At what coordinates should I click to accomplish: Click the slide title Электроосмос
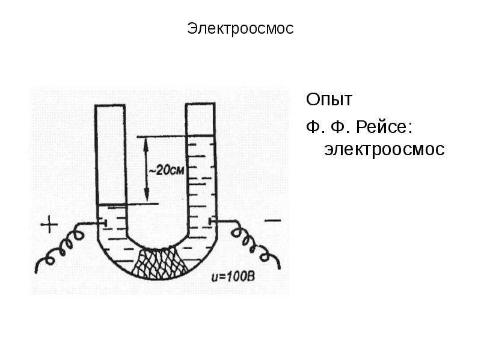click(240, 28)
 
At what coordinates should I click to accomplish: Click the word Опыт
click(329, 99)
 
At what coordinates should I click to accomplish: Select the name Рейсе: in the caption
click(384, 127)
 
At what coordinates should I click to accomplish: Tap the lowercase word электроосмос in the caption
click(384, 149)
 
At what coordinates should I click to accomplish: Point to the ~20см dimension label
click(166, 170)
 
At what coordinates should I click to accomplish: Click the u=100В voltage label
click(233, 277)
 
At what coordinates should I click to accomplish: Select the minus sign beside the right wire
click(272, 220)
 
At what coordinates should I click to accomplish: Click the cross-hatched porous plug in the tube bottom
click(159, 264)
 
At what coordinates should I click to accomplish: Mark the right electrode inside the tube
click(212, 221)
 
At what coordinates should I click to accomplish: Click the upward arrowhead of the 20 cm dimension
click(146, 143)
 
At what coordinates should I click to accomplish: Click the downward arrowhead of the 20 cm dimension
click(147, 197)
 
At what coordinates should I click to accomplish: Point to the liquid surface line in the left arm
click(111, 205)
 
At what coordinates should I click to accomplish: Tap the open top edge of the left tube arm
click(110, 106)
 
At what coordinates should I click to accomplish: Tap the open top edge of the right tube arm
click(200, 104)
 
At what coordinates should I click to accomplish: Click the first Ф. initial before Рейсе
click(313, 127)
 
